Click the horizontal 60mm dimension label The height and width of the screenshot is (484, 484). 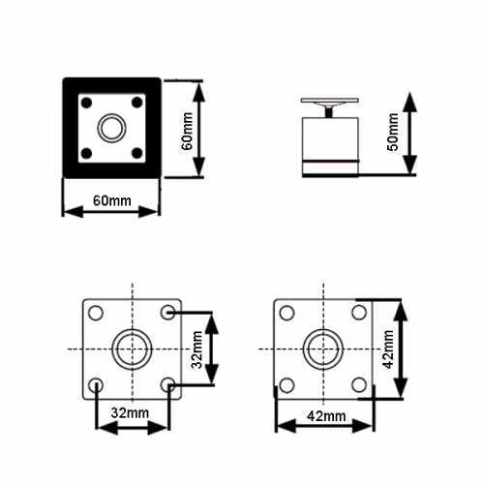[x=112, y=200]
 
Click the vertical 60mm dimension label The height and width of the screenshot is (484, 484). [x=187, y=131]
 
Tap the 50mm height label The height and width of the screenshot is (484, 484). [x=393, y=132]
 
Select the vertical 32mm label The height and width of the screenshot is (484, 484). [x=197, y=349]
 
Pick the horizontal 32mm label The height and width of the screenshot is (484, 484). [x=130, y=413]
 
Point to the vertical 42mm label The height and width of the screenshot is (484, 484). [x=387, y=349]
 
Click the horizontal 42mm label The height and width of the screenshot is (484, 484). [x=326, y=416]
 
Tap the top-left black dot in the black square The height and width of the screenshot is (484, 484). [x=86, y=103]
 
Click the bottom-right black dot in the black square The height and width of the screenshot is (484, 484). [x=137, y=153]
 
